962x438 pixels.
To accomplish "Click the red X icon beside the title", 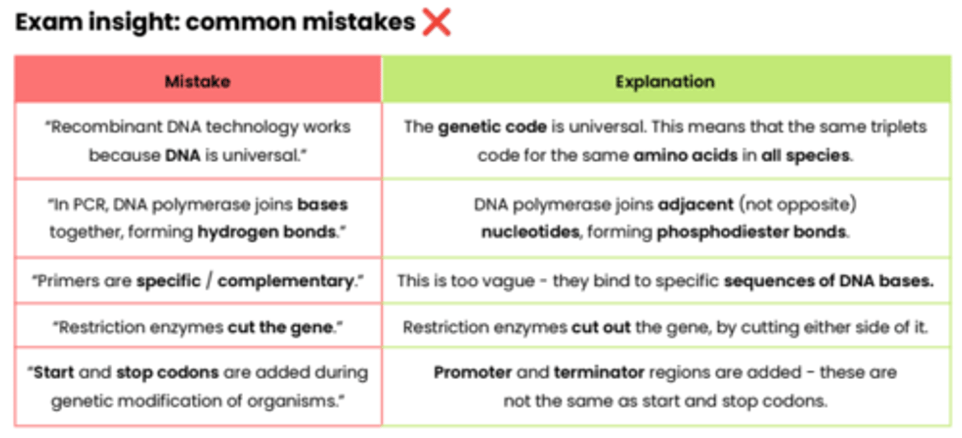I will coord(436,23).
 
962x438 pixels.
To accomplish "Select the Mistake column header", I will coord(197,81).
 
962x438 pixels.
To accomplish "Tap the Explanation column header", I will coord(665,81).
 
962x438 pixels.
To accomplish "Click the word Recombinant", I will coord(96,127).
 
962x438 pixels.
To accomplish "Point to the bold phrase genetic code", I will coord(492,127).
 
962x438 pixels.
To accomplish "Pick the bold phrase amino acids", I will coord(685,156).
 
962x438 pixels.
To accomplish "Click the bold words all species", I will coord(806,156).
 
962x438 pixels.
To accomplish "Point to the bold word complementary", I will coord(285,281).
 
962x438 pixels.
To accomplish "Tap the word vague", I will coord(506,281).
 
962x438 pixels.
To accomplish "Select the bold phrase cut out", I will coord(601,328).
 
